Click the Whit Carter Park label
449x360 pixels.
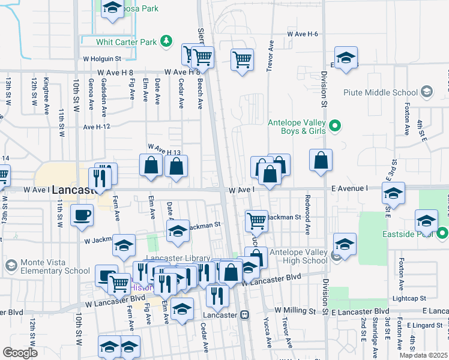pyautogui.click(x=127, y=41)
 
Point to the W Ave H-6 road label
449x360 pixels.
pyautogui.click(x=302, y=34)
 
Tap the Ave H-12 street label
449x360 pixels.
pyautogui.click(x=97, y=127)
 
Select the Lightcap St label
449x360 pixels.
pyautogui.click(x=411, y=298)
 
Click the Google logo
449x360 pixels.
pyautogui.click(x=20, y=353)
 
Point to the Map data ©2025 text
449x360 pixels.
pyautogui.click(x=423, y=355)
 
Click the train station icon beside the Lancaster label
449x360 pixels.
pyautogui.click(x=244, y=314)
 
